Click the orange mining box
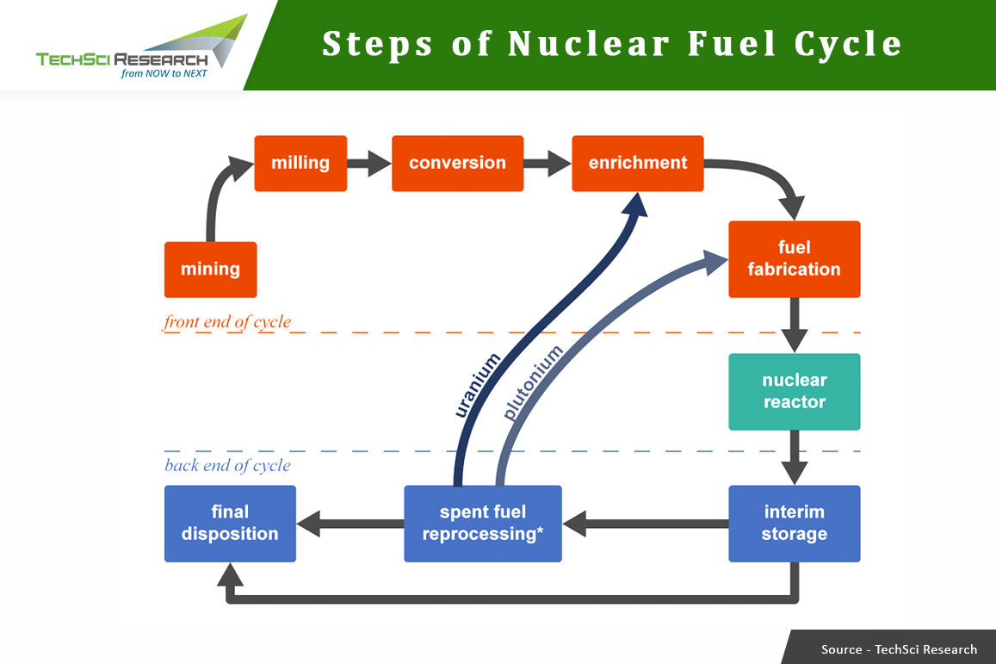(x=210, y=270)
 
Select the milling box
(x=300, y=163)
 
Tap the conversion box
(x=457, y=163)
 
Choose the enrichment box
(x=637, y=163)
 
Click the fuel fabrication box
(x=794, y=259)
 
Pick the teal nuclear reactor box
(x=794, y=392)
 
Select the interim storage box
(x=794, y=524)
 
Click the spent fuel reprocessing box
(x=482, y=524)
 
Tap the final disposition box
(x=230, y=524)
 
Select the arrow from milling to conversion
(x=369, y=163)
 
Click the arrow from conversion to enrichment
(x=547, y=163)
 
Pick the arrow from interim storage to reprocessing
(x=646, y=523)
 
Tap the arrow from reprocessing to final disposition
(x=350, y=523)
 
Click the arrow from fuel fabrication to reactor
(x=794, y=325)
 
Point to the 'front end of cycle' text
(x=227, y=322)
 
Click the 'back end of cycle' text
(x=227, y=466)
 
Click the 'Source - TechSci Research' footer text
(x=899, y=649)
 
